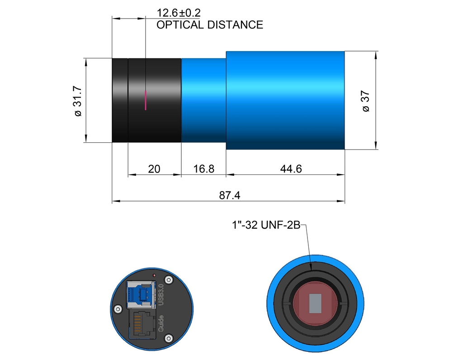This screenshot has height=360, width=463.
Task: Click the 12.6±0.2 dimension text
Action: click(178, 13)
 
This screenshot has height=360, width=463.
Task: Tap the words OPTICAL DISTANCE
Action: click(210, 25)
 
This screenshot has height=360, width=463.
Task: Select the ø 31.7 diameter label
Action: click(78, 101)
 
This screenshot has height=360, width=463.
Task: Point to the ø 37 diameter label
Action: click(365, 101)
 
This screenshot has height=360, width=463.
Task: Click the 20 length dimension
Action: click(154, 169)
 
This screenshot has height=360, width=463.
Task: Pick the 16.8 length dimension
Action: click(203, 169)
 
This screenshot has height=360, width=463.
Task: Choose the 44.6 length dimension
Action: click(291, 169)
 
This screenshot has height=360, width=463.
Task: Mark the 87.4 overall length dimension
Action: click(229, 195)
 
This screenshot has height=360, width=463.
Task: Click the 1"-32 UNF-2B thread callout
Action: click(266, 225)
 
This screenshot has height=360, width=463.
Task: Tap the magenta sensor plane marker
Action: click(146, 100)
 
